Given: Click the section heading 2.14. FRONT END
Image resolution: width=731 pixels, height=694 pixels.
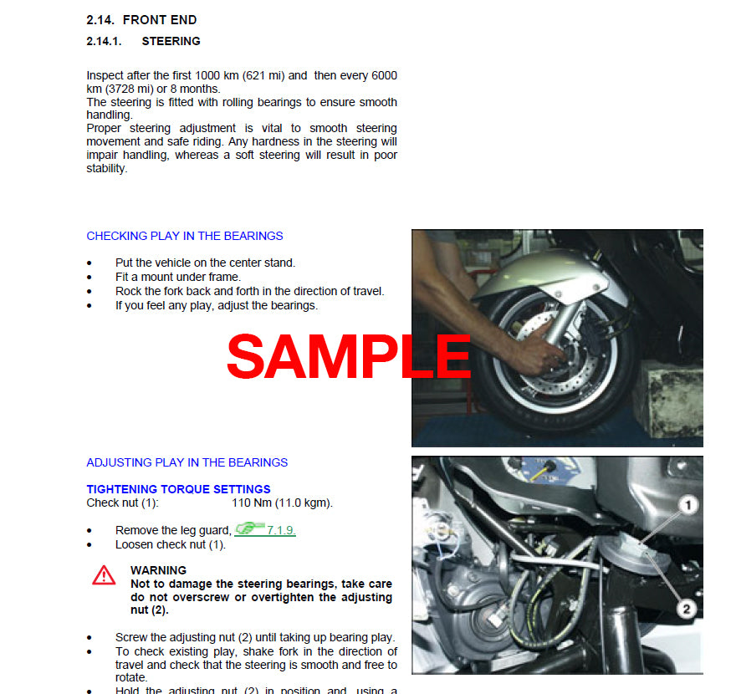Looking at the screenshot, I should [x=141, y=20].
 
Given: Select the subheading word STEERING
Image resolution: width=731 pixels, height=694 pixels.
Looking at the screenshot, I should [x=171, y=41].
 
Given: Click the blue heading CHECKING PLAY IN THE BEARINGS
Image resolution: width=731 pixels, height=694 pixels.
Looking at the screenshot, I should [x=185, y=236].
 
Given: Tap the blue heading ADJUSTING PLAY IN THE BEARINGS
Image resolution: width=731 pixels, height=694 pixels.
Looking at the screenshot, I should [x=187, y=462].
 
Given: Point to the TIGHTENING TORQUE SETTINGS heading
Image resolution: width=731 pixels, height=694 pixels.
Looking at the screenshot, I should [x=178, y=489].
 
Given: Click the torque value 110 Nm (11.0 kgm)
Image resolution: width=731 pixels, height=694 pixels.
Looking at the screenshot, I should [x=282, y=503].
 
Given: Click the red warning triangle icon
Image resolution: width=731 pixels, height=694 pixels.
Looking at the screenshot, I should [x=104, y=574].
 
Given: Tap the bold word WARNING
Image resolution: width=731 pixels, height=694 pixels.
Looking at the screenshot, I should [x=158, y=570].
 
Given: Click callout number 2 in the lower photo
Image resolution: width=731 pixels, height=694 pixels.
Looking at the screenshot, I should [x=687, y=609].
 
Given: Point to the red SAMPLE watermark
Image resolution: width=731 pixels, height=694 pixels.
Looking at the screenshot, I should [x=349, y=356].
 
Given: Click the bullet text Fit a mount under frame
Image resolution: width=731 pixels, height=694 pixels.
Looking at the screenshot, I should [x=177, y=277].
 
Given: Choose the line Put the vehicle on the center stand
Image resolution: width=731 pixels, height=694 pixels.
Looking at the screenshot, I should [x=205, y=263].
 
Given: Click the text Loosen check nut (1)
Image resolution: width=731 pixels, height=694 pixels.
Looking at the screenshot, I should [x=171, y=544].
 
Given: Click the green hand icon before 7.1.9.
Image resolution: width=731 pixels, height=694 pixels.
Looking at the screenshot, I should [x=249, y=528].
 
